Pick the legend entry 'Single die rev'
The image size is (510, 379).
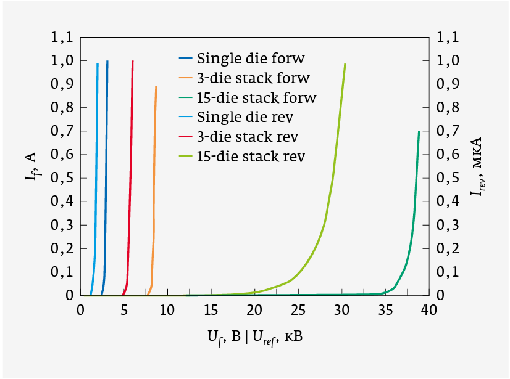(x=245, y=116)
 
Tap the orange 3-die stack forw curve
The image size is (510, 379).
(x=154, y=185)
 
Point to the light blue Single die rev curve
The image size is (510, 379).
(x=96, y=185)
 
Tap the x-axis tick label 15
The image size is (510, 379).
(x=211, y=311)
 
